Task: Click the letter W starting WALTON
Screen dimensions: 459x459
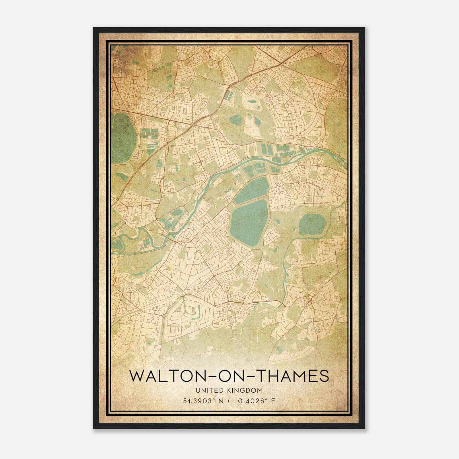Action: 137,376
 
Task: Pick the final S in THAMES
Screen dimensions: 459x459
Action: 324,376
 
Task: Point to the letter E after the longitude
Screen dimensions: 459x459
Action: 273,401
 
